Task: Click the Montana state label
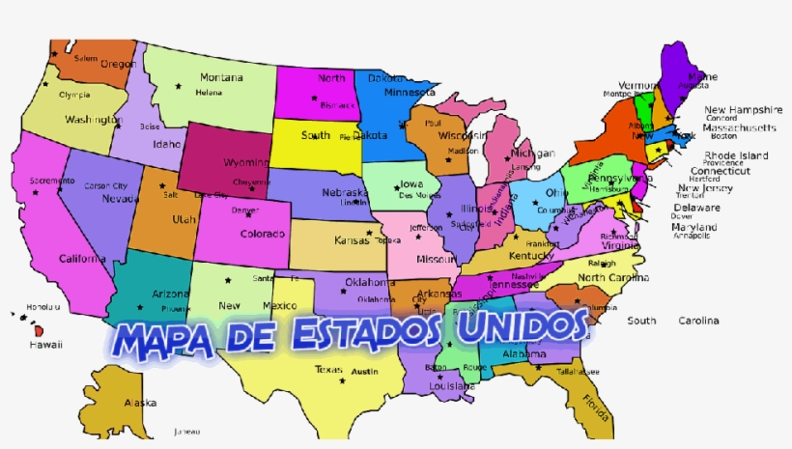point(221,77)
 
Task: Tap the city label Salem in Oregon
point(86,58)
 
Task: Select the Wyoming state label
point(246,162)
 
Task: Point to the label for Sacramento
point(51,181)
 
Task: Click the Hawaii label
point(44,344)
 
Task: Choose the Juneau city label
point(186,431)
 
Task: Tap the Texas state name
point(328,370)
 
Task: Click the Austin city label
point(364,372)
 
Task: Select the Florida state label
point(595,407)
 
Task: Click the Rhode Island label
point(736,155)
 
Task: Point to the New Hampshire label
point(743,109)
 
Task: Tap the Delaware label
point(696,207)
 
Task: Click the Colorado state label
point(263,234)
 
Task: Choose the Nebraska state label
point(344,192)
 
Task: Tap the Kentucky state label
point(531,256)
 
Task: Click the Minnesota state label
point(410,93)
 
